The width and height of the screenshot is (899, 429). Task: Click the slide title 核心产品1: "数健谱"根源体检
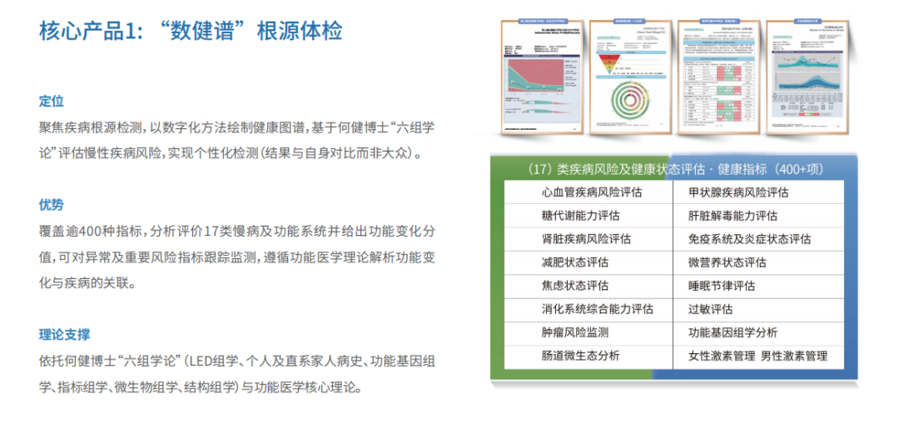(x=191, y=32)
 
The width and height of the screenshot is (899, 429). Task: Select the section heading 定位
(x=52, y=101)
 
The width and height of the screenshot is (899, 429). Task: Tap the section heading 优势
(x=52, y=205)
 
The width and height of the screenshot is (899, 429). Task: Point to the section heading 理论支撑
(x=64, y=334)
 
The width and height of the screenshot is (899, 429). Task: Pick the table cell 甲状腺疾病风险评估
(x=738, y=192)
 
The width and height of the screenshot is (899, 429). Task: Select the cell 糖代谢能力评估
(x=580, y=216)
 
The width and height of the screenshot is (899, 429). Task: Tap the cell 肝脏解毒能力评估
(x=733, y=216)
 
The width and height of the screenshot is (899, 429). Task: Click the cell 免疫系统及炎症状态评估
(x=749, y=239)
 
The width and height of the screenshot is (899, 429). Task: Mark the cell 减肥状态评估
(x=574, y=262)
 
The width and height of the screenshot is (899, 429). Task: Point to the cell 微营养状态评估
(x=727, y=262)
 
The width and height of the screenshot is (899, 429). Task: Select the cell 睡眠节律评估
(x=722, y=286)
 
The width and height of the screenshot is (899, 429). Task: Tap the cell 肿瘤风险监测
(x=574, y=332)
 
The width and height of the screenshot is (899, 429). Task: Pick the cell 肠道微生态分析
(x=580, y=356)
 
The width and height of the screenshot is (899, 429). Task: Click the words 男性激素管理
(x=794, y=356)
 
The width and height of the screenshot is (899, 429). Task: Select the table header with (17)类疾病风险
(x=675, y=169)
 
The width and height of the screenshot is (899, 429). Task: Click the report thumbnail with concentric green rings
(x=630, y=76)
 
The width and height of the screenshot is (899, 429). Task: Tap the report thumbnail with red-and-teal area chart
(x=540, y=76)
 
